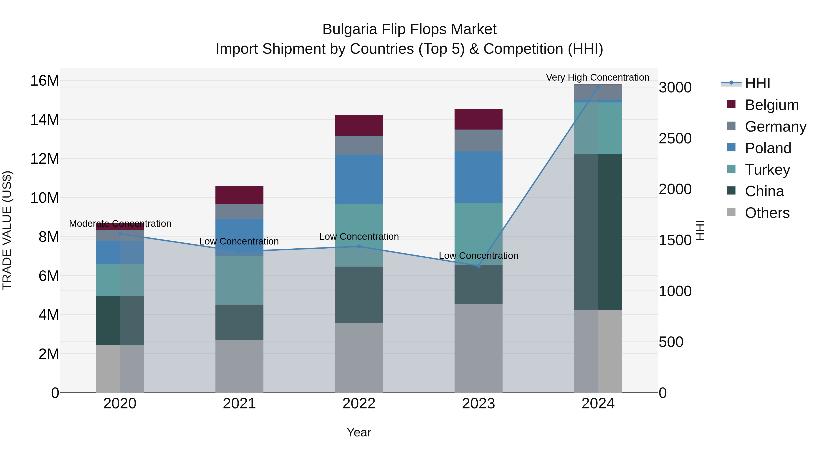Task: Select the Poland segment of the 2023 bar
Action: coord(478,177)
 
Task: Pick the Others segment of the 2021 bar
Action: coord(239,366)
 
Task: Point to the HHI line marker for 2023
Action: coord(478,266)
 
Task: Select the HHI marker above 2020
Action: coord(120,234)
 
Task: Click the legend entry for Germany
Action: coord(775,127)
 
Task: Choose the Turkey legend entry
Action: coord(767,170)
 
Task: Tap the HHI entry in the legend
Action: coord(757,83)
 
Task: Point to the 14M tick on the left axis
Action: coord(45,120)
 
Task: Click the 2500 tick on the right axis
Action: coord(675,138)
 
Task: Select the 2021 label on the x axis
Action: coord(239,404)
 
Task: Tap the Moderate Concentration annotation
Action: coord(120,224)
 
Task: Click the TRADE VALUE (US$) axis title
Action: coord(7,230)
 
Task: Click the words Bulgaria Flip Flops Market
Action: coord(409,29)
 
